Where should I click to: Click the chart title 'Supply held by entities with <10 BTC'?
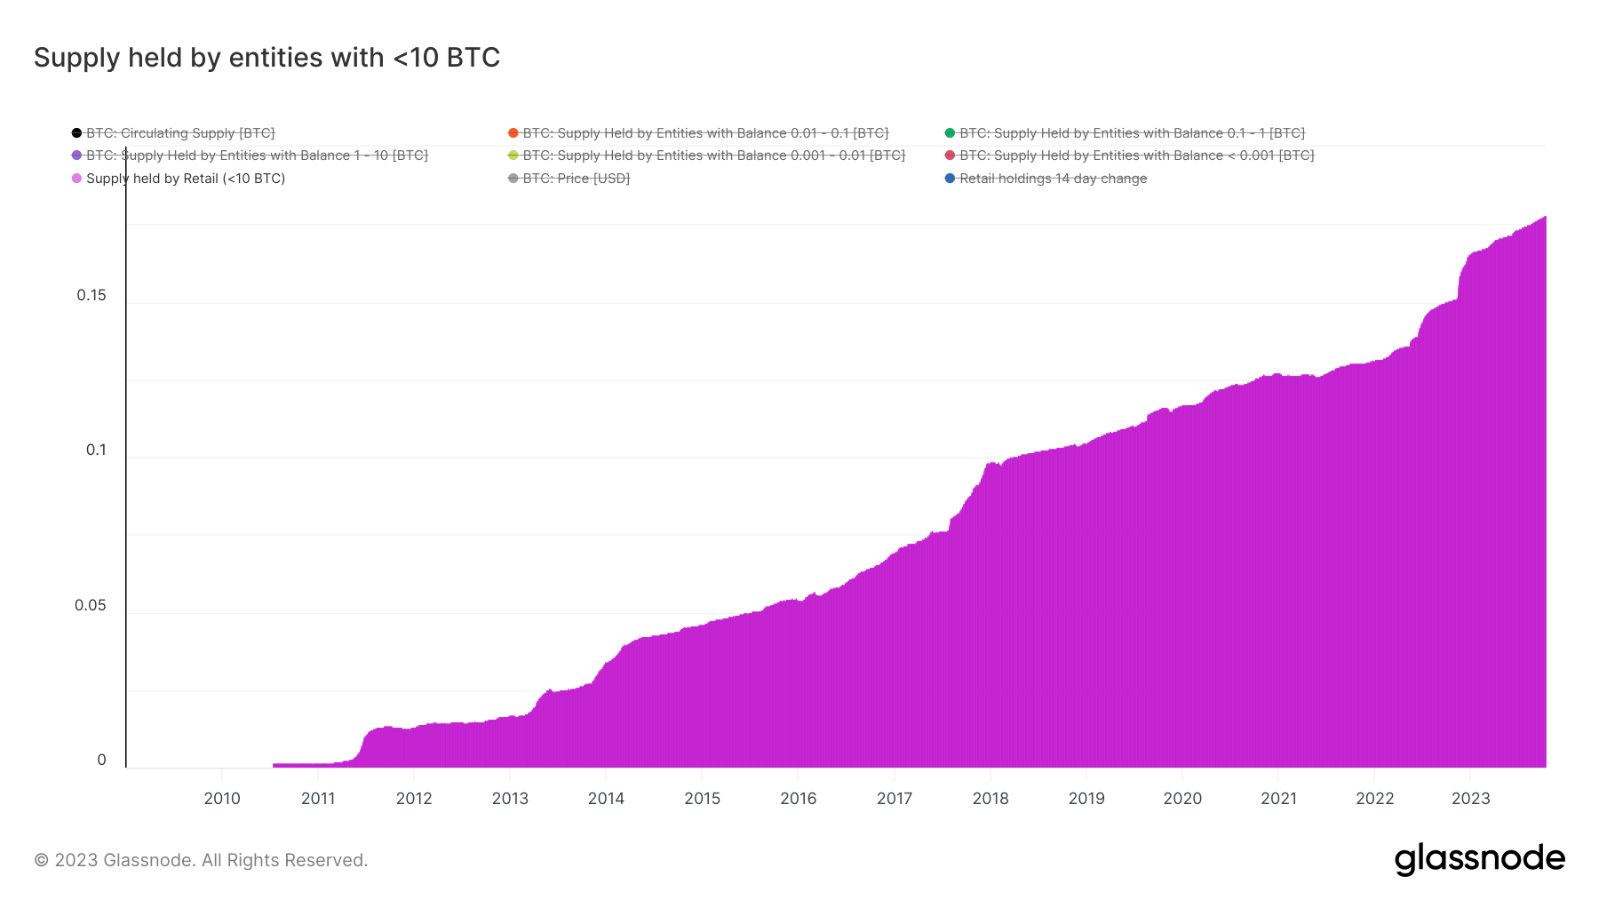pos(266,58)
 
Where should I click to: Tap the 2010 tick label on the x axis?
pos(222,798)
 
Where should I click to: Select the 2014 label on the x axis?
pos(606,798)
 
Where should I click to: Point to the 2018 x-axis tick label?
pos(990,798)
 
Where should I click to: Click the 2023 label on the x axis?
pos(1470,798)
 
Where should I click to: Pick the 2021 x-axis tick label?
pos(1278,798)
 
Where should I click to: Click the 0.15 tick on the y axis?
pos(91,295)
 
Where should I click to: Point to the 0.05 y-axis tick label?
pos(91,605)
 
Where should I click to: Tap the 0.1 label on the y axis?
pos(96,450)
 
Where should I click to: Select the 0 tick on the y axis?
pos(101,760)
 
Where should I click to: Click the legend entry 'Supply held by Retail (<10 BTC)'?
pos(185,179)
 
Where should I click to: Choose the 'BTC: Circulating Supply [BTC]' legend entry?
pos(180,133)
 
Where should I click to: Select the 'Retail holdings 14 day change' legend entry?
pos(1053,179)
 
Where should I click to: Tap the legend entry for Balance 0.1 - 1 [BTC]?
pos(1132,133)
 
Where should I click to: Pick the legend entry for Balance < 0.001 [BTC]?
pos(1136,155)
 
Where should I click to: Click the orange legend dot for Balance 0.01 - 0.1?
pos(513,133)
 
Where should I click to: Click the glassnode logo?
pos(1479,859)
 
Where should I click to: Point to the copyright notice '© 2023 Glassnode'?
pos(201,860)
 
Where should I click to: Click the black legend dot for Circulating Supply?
pos(76,133)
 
